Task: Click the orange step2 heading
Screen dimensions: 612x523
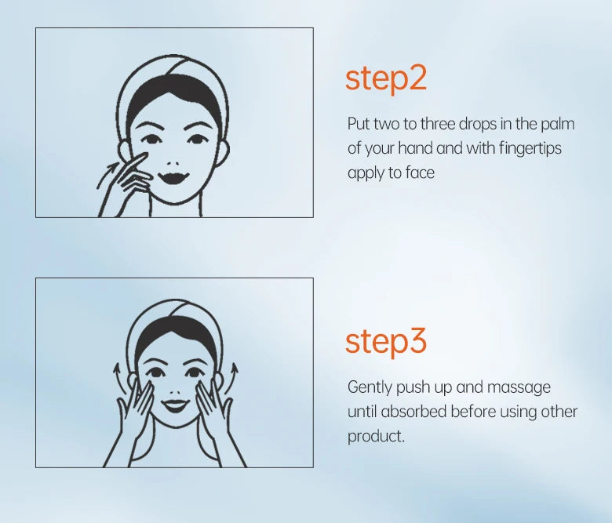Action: click(x=385, y=79)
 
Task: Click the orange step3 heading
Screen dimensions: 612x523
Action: click(x=385, y=342)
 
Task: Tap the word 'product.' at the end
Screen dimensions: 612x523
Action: click(x=376, y=437)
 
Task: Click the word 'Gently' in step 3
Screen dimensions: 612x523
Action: click(x=370, y=388)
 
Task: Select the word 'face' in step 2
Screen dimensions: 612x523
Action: click(x=420, y=173)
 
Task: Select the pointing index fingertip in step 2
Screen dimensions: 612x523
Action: click(x=144, y=156)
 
